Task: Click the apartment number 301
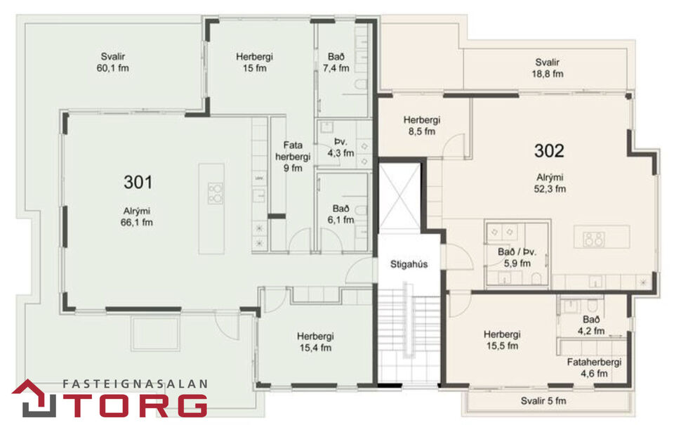coord(138,183)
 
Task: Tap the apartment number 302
coord(549,151)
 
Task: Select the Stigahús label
coord(409,264)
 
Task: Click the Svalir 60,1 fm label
coord(114,63)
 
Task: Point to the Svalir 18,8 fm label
coord(548,67)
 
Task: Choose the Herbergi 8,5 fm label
coord(420,125)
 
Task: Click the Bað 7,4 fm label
coord(336,63)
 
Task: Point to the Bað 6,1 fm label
coord(336,214)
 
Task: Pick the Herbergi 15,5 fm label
coord(501,340)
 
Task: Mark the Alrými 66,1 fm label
coord(136,216)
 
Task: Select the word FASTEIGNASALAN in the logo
coord(135,384)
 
